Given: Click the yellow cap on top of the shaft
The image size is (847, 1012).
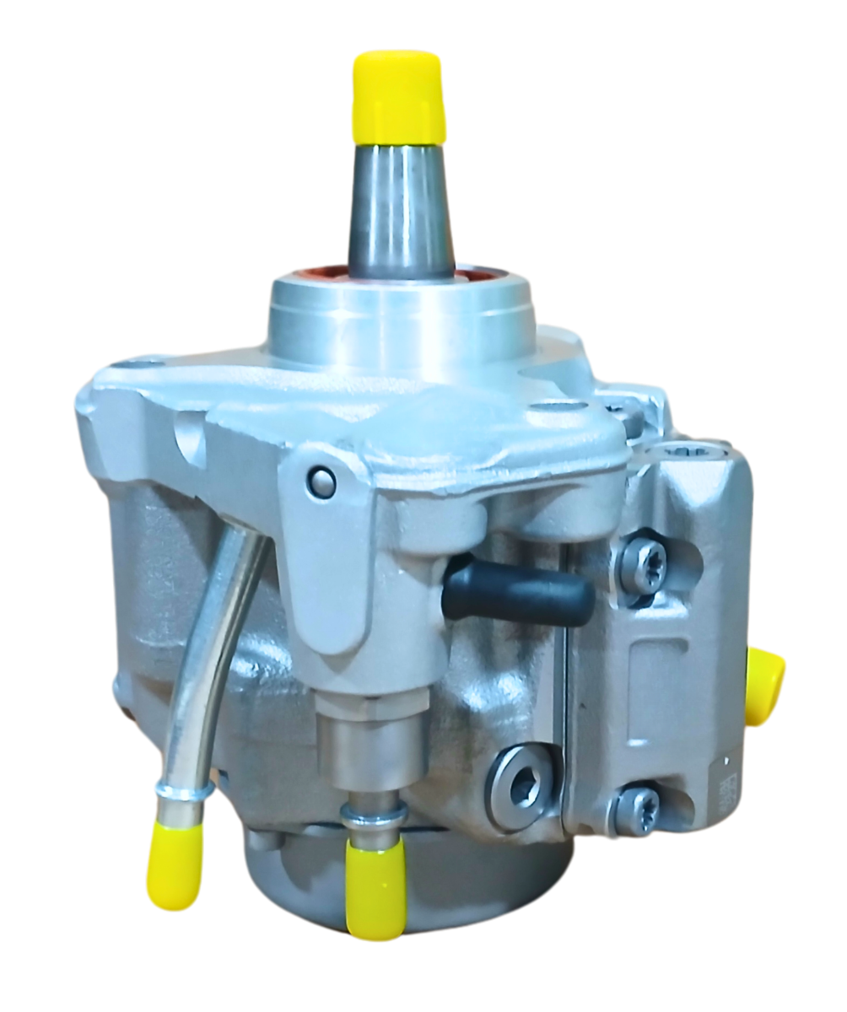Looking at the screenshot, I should [398, 96].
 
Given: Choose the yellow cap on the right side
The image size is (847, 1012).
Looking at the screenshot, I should [766, 684].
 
